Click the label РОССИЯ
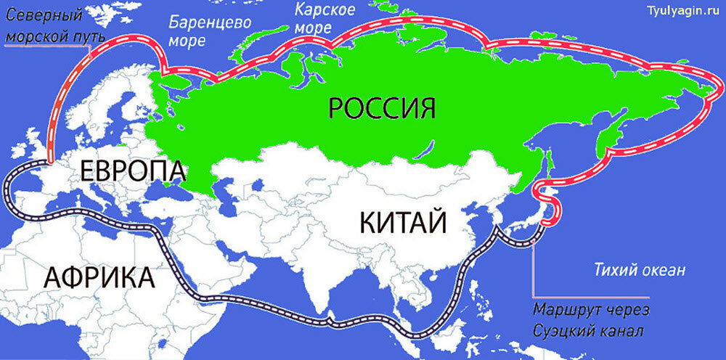[382, 108]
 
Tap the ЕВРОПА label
[132, 172]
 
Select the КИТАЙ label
[403, 221]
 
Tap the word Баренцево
[210, 22]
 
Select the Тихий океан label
[635, 271]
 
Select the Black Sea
[180, 190]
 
